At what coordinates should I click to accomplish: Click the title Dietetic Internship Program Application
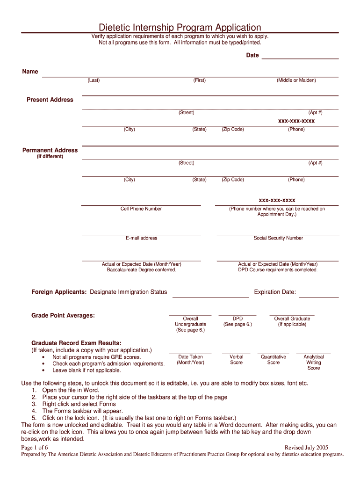180,28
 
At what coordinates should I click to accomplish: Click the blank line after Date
300,58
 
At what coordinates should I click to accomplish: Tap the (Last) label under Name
94,80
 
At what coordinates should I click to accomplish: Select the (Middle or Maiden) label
296,80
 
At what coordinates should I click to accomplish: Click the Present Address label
50,100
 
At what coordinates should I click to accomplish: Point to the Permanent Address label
50,150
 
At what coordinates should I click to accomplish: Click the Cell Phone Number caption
141,209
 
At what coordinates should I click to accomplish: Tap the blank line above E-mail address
141,234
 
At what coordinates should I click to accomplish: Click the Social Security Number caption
278,238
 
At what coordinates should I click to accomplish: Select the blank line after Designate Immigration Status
210,296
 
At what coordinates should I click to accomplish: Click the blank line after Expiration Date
318,296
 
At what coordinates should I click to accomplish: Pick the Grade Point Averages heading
63,316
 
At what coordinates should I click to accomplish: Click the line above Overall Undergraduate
190,315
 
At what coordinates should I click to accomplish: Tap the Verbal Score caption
237,360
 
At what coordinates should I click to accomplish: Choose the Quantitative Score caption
274,360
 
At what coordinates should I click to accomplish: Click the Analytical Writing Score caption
314,363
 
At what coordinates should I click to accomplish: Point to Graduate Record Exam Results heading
76,343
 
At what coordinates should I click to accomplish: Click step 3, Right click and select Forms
79,404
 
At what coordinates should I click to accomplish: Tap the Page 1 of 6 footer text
35,448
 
